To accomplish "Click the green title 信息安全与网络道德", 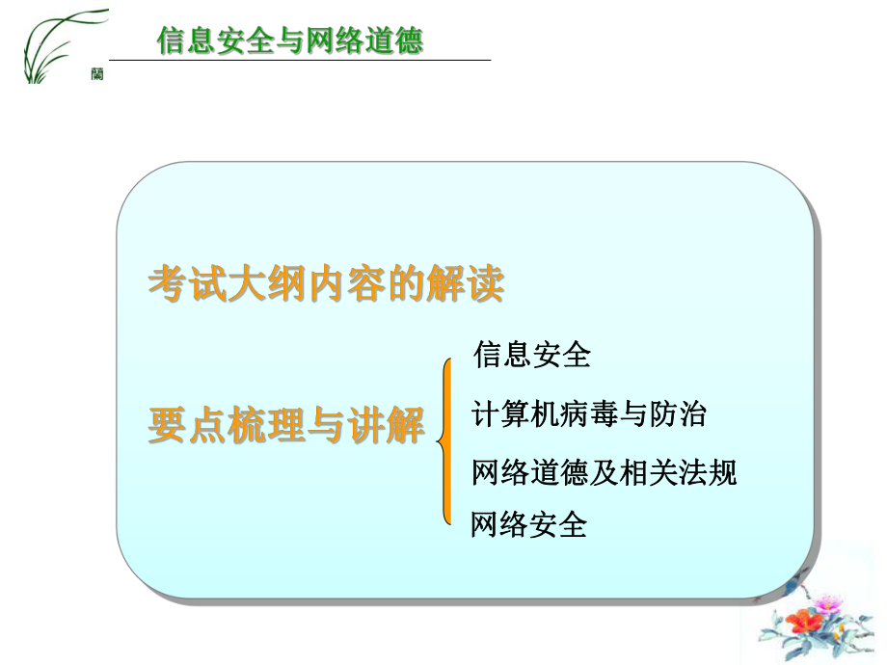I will point(289,41).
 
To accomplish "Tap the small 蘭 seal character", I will point(97,74).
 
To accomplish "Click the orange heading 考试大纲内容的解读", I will point(326,285).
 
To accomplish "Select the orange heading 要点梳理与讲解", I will point(286,425).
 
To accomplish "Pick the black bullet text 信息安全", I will point(531,355).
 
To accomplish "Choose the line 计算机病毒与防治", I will point(589,414).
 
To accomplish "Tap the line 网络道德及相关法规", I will point(604,472).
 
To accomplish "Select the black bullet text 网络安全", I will point(528,525).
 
